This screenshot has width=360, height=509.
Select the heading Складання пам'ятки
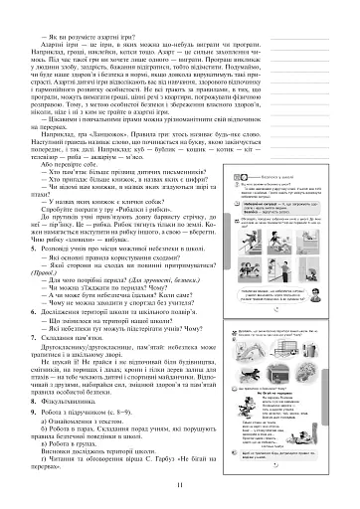(76, 340)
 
